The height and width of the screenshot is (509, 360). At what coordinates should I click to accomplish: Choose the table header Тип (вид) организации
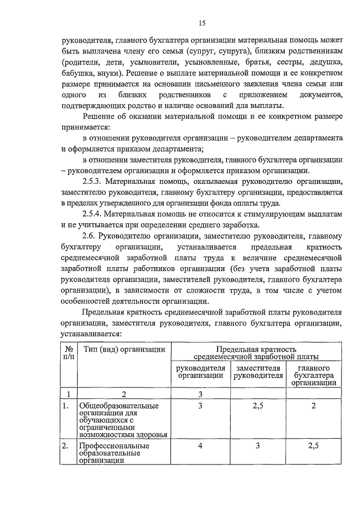(124, 349)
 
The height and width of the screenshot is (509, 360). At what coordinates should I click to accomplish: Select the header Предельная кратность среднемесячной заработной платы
(256, 353)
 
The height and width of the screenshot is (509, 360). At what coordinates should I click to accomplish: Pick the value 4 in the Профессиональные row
(200, 446)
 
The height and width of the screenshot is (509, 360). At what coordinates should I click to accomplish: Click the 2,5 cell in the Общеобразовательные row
(258, 406)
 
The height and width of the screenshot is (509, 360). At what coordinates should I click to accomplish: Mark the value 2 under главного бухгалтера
(314, 406)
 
